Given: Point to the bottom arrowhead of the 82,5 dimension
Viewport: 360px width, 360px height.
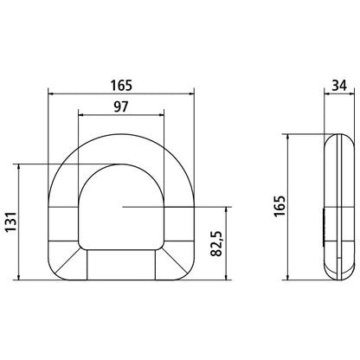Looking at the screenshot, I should pos(227,278).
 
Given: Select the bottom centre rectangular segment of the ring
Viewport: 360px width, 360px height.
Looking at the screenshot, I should pos(120,265).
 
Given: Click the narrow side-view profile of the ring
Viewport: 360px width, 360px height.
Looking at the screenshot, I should pos(337,208).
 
